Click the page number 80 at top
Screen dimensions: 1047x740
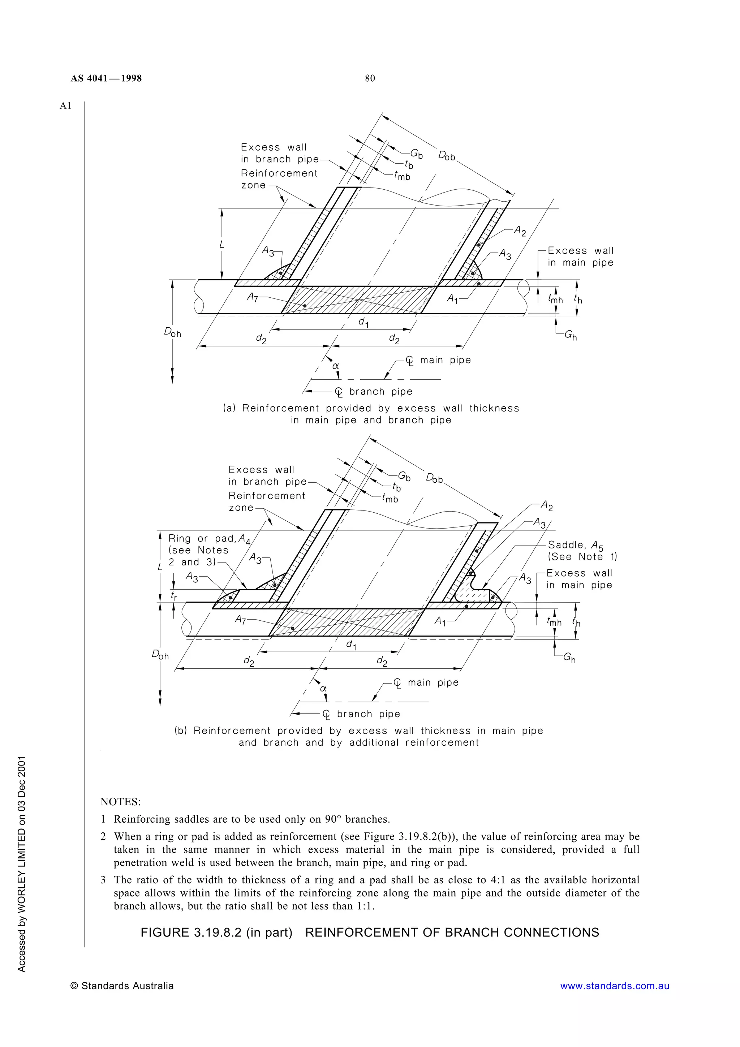click(370, 78)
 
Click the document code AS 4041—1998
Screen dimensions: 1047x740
click(106, 78)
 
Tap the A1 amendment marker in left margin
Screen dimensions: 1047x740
click(66, 106)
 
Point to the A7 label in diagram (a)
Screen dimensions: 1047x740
click(253, 297)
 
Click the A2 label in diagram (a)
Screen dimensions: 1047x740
click(520, 231)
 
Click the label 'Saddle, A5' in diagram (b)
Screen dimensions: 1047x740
click(575, 545)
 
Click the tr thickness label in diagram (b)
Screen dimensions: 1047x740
click(174, 595)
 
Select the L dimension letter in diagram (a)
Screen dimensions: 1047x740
click(222, 245)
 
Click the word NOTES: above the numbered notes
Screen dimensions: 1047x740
click(120, 802)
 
